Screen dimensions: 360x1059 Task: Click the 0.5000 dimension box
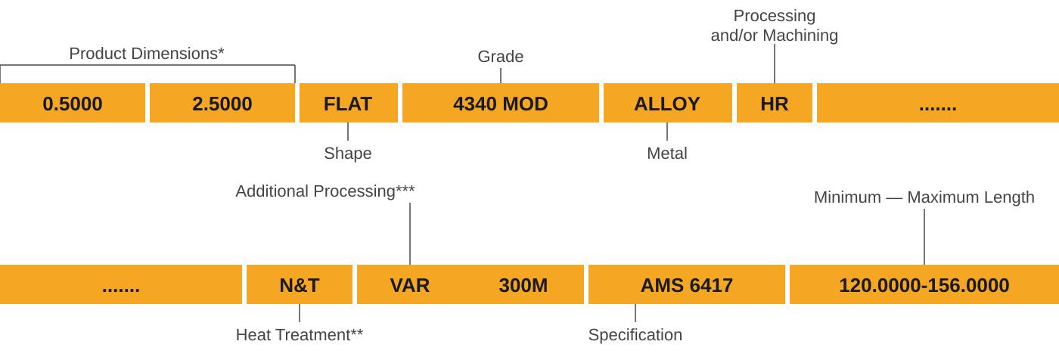[x=73, y=104]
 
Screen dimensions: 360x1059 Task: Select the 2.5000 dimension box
[x=222, y=104]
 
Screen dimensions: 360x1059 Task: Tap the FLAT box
[x=348, y=104]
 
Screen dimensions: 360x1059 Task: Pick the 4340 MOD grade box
[x=500, y=104]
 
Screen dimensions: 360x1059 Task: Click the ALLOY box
[x=667, y=104]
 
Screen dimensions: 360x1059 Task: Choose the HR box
[x=774, y=104]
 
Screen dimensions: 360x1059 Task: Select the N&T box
[x=300, y=285]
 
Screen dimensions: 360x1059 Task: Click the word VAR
[x=410, y=285]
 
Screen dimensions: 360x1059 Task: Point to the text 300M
[x=523, y=285]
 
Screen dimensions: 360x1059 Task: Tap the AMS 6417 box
[x=687, y=285]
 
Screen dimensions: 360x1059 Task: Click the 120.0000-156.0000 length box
[x=924, y=285]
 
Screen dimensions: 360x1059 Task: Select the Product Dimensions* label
[x=147, y=54]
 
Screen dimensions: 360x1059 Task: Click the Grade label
[x=500, y=57]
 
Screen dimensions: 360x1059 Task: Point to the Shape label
[x=348, y=154]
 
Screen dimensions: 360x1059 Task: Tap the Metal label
[x=667, y=154]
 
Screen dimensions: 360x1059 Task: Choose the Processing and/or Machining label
[x=774, y=26]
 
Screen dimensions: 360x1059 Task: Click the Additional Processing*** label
[x=325, y=191]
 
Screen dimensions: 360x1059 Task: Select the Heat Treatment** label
[x=300, y=334]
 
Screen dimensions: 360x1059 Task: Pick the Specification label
[x=635, y=334]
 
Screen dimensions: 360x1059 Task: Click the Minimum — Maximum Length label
[x=924, y=197]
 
